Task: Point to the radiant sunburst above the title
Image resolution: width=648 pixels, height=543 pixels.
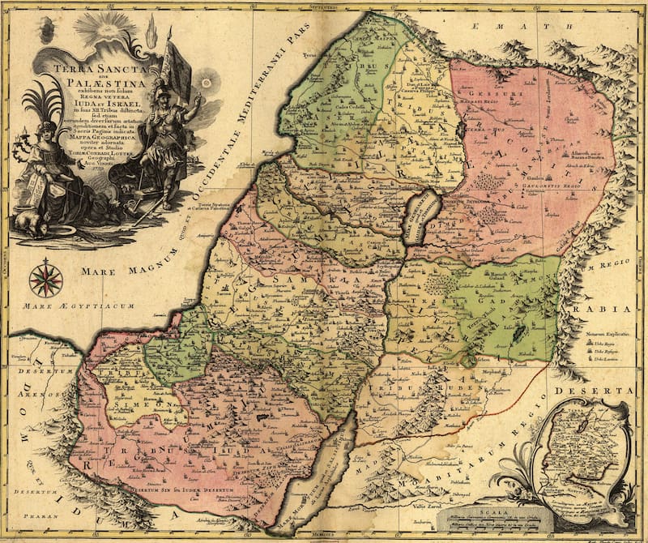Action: (106, 24)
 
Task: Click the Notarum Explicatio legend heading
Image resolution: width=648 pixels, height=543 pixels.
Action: (603, 333)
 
